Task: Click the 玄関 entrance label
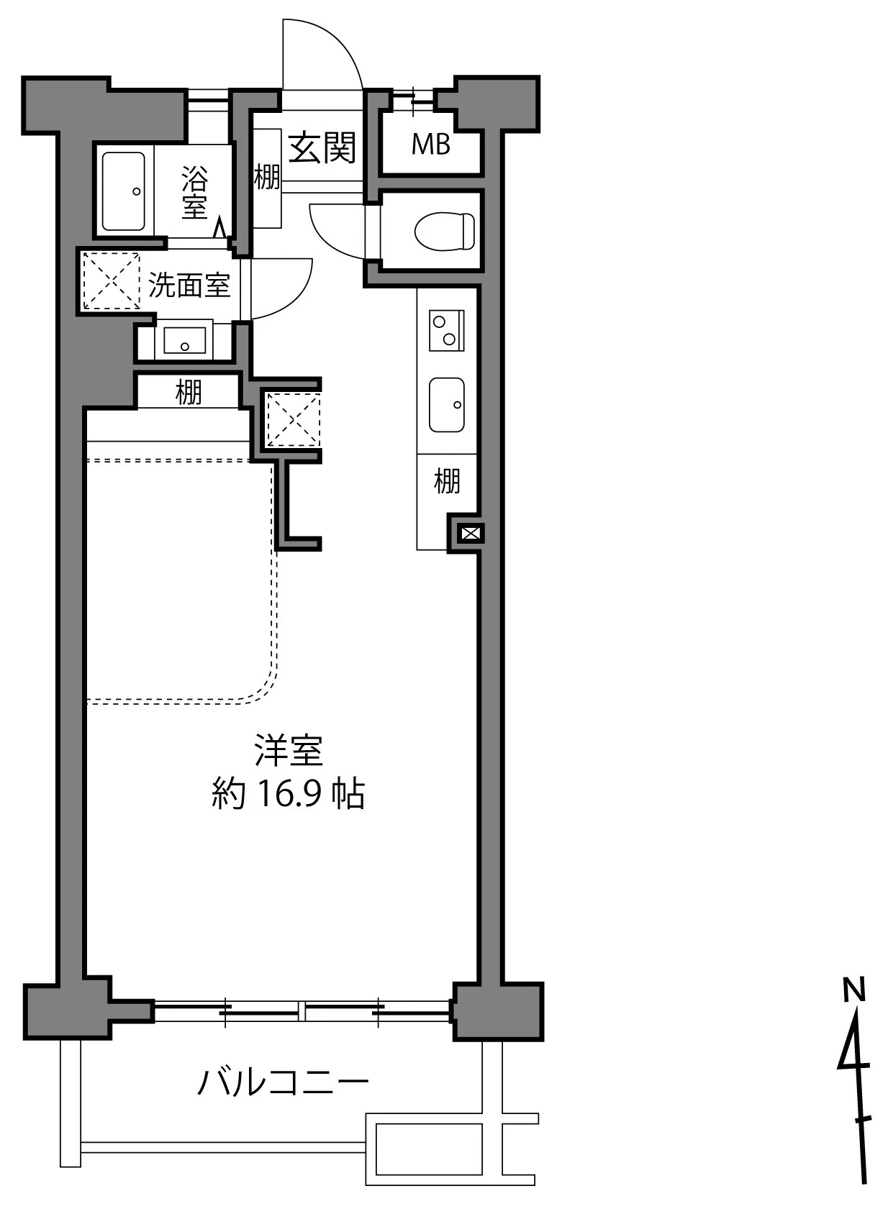[322, 148]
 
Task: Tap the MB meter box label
[430, 145]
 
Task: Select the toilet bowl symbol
[445, 230]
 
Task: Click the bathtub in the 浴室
[123, 191]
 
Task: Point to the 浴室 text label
[194, 191]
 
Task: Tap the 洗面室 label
[189, 286]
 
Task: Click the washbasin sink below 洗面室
[184, 339]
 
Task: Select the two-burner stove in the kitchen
[446, 330]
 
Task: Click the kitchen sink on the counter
[446, 405]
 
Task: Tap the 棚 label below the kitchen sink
[446, 480]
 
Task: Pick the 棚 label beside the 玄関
[266, 176]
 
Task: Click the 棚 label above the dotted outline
[188, 393]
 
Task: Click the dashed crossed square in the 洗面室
[112, 280]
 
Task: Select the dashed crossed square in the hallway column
[292, 420]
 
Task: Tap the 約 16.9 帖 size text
[288, 794]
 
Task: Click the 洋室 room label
[288, 751]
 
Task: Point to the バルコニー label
[283, 1082]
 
